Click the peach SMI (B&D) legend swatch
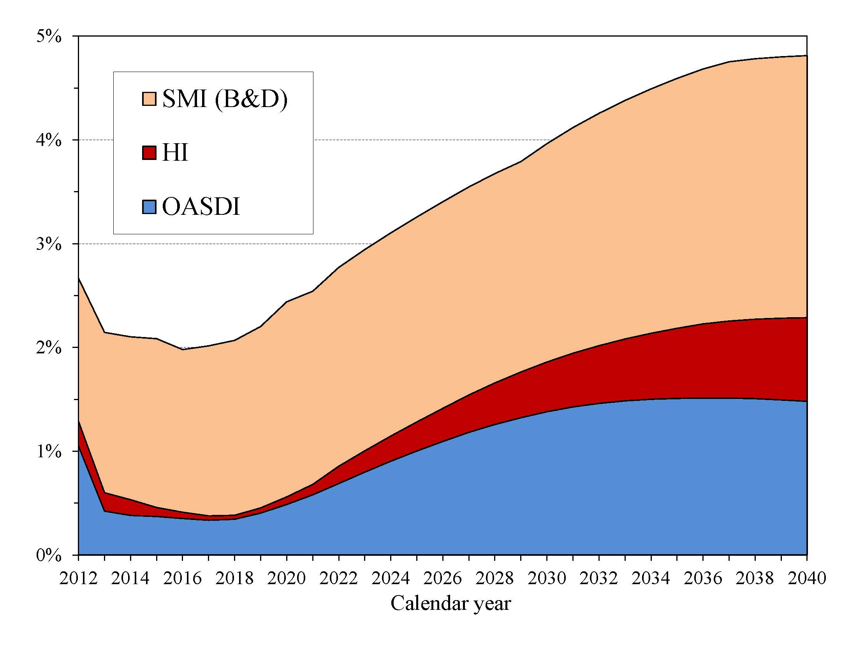click(x=149, y=99)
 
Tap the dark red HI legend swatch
click(x=149, y=153)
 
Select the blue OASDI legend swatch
click(x=149, y=207)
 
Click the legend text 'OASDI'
click(x=201, y=207)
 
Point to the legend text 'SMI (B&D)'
click(x=225, y=99)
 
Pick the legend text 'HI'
click(x=175, y=153)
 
